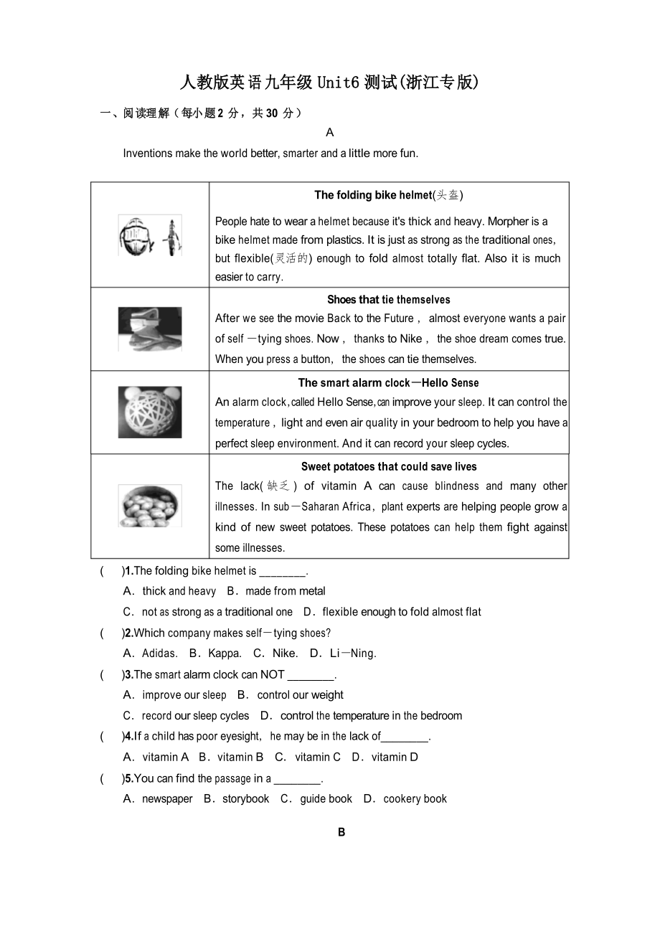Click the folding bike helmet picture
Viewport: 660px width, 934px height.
click(x=150, y=235)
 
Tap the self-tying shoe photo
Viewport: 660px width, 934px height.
click(x=150, y=329)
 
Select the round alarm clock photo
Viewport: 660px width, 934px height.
click(x=150, y=412)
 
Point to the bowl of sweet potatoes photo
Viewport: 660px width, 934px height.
click(x=150, y=506)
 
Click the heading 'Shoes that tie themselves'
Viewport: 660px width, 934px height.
click(x=389, y=300)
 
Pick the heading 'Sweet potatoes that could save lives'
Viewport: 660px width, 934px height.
click(x=389, y=467)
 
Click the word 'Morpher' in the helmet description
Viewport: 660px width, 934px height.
click(x=509, y=222)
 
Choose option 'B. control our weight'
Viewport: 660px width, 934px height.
click(x=291, y=695)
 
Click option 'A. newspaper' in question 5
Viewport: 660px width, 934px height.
click(x=159, y=799)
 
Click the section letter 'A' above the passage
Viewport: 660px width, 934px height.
click(x=330, y=133)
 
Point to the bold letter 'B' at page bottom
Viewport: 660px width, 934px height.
click(x=341, y=833)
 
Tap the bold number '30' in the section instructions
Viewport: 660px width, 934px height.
click(x=271, y=113)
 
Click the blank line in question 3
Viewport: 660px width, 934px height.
click(x=311, y=675)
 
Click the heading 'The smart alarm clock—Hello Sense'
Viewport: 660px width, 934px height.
click(x=389, y=383)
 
